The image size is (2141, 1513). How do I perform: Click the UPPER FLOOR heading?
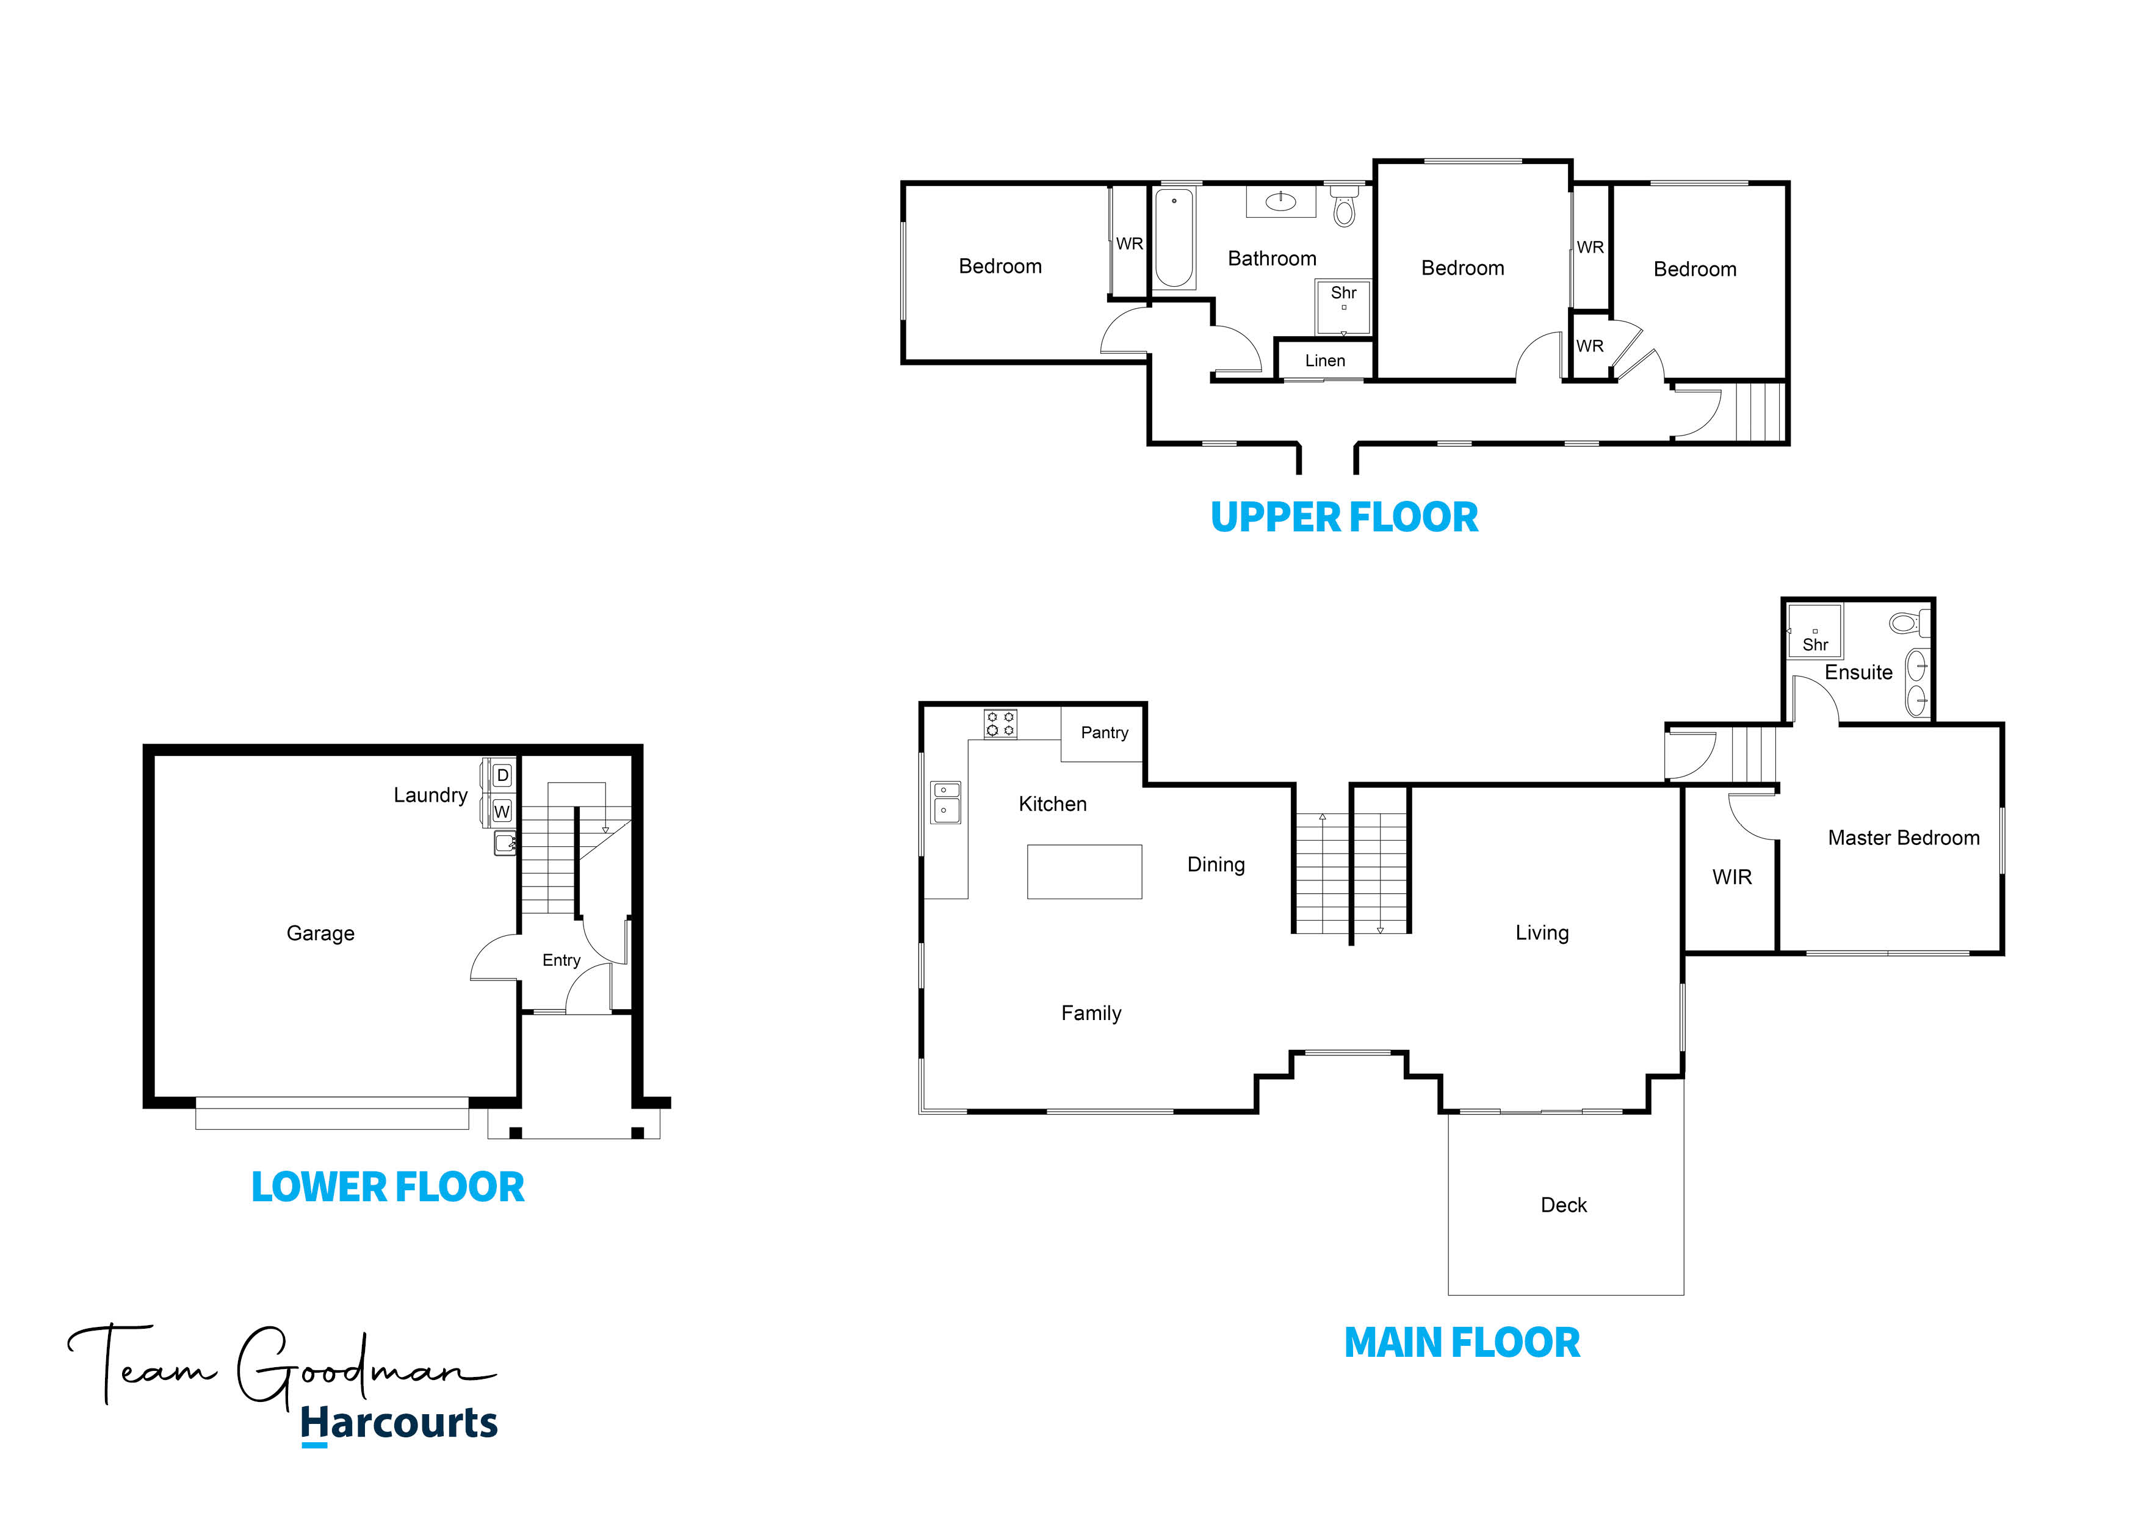(x=1344, y=517)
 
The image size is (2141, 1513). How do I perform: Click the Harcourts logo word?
(x=399, y=1423)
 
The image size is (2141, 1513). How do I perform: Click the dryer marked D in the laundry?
(x=502, y=775)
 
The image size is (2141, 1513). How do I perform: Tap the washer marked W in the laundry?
(x=502, y=811)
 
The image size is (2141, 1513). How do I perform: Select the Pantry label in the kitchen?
(x=1104, y=733)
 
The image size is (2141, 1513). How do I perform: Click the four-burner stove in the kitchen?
(x=1000, y=724)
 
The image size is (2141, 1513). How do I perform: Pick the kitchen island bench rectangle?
(x=1085, y=872)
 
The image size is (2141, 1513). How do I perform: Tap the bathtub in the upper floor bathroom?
(x=1174, y=238)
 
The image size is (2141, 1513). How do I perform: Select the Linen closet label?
(x=1325, y=361)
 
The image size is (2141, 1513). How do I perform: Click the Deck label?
(x=1564, y=1206)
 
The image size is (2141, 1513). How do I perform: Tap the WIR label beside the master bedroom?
(x=1731, y=877)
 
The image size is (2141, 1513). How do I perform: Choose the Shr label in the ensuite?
(x=1814, y=644)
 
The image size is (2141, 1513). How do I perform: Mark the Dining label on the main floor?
(x=1216, y=865)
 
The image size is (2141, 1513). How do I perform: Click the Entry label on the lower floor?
(x=561, y=960)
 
